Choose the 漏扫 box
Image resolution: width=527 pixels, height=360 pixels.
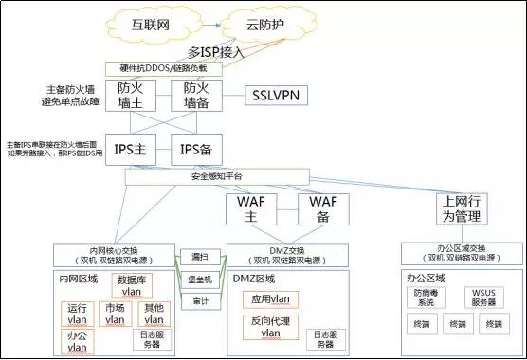click(199, 258)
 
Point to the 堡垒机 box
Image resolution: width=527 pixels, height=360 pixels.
click(199, 279)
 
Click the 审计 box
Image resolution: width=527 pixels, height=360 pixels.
click(199, 302)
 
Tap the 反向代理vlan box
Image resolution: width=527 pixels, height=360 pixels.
click(270, 328)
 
